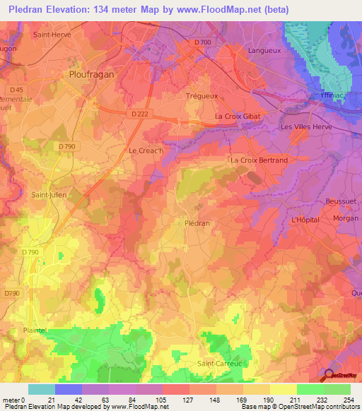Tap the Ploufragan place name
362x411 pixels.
(x=92, y=73)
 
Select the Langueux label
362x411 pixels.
(x=266, y=51)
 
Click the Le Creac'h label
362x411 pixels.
(x=146, y=150)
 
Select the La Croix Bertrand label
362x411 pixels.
(x=259, y=160)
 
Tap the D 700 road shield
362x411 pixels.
(x=202, y=42)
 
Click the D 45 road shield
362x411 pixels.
(x=17, y=90)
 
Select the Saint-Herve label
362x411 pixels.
(x=53, y=34)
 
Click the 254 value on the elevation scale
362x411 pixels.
(x=346, y=400)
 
